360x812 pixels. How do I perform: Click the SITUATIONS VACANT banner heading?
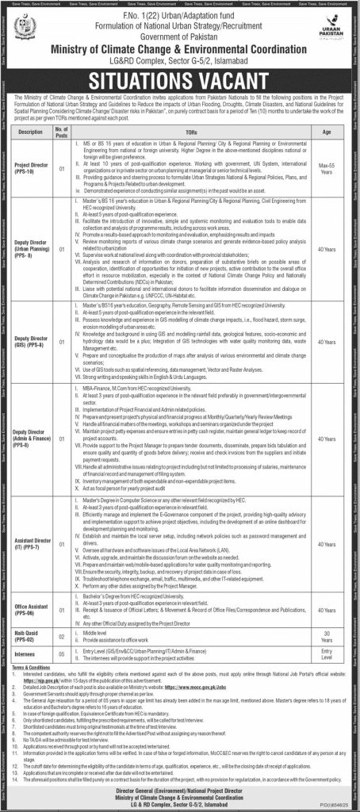[181, 79]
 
